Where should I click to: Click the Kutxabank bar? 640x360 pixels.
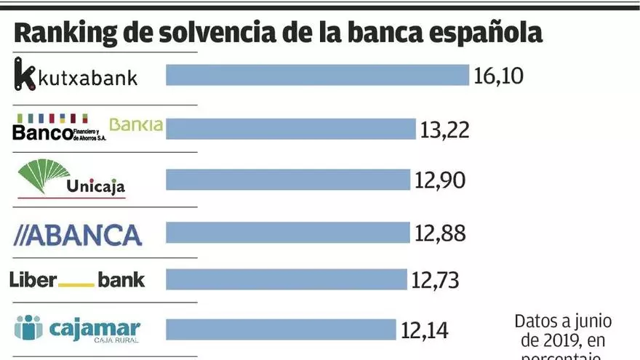coord(317,75)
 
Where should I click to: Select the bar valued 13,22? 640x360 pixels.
coord(291,129)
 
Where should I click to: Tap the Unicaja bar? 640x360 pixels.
coord(288,180)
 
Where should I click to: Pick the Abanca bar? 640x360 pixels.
coord(288,233)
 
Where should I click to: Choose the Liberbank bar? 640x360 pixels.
coord(287,279)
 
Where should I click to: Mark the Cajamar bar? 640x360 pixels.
coord(281,329)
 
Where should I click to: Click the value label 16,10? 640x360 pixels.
coord(498,76)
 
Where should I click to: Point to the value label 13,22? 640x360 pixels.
coord(444,129)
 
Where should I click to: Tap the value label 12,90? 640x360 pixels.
coord(439,180)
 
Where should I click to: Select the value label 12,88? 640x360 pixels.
coord(439,233)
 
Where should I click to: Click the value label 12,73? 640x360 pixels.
coord(435,280)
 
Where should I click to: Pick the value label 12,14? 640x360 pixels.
coord(425,330)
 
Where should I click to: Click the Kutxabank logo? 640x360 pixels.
coord(76,76)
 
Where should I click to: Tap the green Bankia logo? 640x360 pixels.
coord(136,125)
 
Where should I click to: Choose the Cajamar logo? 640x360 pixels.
coord(76,329)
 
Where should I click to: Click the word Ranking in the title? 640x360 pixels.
coord(59,34)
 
